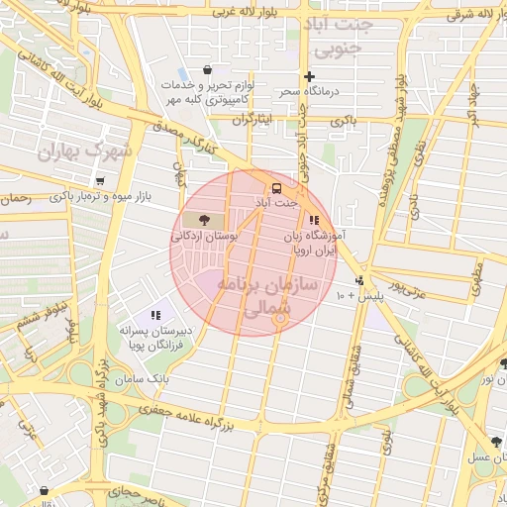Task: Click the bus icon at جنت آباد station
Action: pos(275,187)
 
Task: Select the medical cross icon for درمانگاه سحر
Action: pos(309,76)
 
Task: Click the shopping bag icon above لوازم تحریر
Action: pos(207,70)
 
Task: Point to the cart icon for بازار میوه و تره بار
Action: pos(102,181)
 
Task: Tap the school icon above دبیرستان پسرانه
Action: pos(155,315)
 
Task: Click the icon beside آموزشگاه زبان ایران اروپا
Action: pos(314,221)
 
